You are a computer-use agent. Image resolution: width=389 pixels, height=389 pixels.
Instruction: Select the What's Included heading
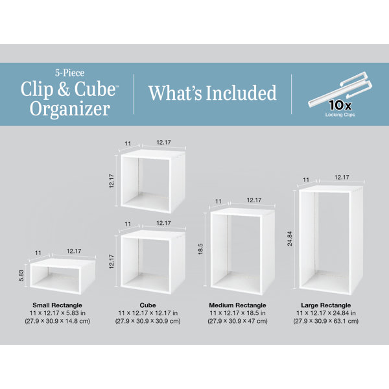(x=212, y=93)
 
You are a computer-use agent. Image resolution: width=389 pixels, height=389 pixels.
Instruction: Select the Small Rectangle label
(x=56, y=305)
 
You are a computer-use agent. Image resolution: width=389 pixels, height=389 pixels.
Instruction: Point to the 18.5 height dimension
(x=200, y=249)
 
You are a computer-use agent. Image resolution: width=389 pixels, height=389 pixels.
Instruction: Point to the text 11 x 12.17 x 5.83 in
(x=56, y=312)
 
